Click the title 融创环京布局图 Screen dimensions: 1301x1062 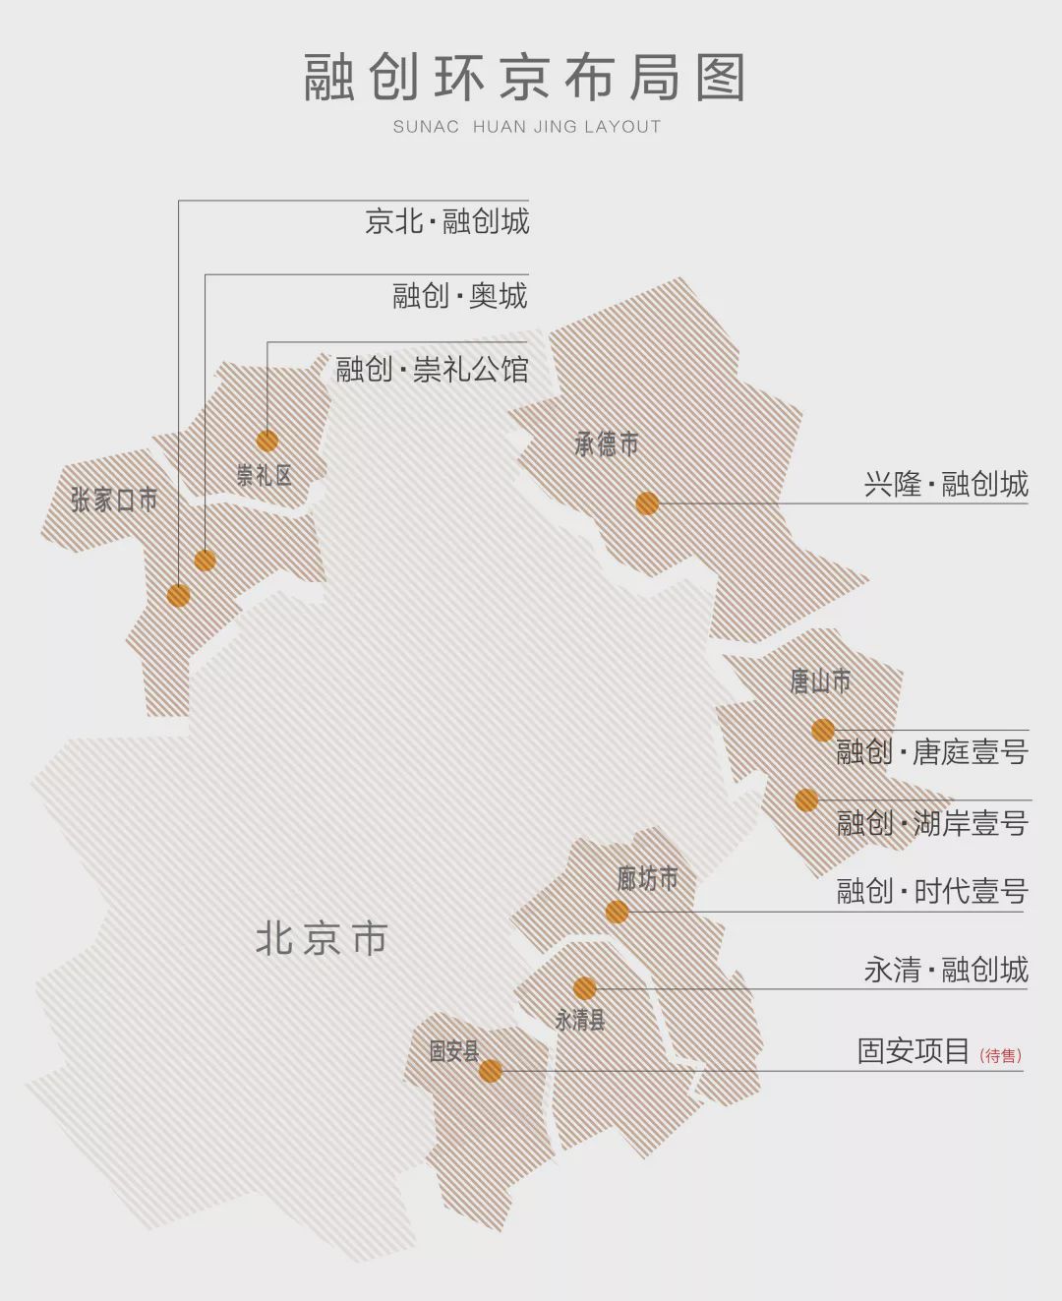[524, 78]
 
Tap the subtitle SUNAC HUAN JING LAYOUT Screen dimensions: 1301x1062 [527, 127]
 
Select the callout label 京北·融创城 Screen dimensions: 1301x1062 [446, 221]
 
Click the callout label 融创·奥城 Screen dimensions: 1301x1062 [460, 296]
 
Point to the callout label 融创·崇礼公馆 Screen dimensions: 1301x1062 [432, 370]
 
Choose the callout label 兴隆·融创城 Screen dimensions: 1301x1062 [945, 484]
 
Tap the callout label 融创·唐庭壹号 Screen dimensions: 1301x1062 [931, 752]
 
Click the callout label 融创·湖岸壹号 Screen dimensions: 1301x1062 [931, 823]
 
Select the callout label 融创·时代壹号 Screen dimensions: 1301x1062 [931, 891]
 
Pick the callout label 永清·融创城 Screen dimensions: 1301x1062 [945, 970]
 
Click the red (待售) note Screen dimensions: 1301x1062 [1000, 1056]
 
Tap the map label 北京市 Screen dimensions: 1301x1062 [322, 939]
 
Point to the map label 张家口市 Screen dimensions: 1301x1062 [114, 500]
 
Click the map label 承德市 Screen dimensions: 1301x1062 [607, 444]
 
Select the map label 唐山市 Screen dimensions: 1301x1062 [820, 680]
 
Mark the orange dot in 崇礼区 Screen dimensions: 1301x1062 [266, 441]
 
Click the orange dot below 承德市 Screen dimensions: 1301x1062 [647, 503]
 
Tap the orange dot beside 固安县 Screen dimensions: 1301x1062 [491, 1071]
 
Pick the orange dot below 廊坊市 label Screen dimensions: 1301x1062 [617, 912]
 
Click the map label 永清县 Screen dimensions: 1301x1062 [579, 1020]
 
